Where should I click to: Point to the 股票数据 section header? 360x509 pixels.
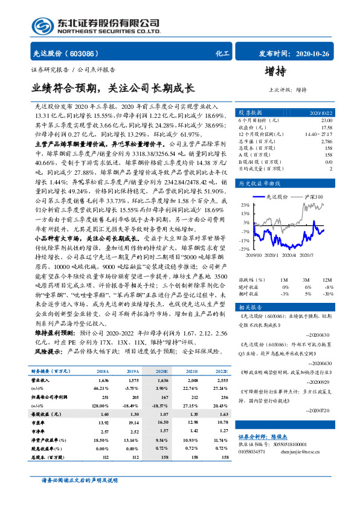click(x=249, y=113)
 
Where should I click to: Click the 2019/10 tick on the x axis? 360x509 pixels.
click(x=255, y=255)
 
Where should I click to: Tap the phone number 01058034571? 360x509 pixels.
click(x=253, y=450)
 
